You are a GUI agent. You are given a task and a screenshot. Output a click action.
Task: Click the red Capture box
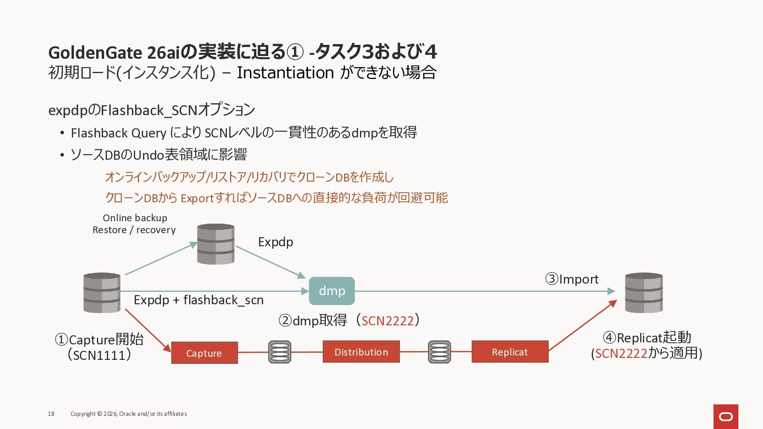[204, 353]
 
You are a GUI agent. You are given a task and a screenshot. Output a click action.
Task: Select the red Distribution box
[361, 352]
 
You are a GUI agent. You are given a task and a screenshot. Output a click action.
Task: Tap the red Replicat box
[510, 352]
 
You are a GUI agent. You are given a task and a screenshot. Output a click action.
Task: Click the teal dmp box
[332, 291]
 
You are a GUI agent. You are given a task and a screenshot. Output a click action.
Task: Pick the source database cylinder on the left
[102, 293]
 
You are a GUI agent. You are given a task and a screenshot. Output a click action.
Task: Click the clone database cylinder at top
[216, 244]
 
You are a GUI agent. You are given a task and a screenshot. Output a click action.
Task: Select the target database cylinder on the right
[644, 293]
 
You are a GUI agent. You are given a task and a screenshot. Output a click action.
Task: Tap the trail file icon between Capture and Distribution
[280, 352]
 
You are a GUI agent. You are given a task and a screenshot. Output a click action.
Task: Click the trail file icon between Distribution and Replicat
[439, 352]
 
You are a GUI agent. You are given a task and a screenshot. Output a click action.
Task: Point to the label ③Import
[571, 279]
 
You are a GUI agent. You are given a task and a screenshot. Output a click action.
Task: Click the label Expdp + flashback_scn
[199, 300]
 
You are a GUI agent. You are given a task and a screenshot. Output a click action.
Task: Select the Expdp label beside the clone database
[275, 242]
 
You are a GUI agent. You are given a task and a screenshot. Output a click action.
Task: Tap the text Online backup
[135, 218]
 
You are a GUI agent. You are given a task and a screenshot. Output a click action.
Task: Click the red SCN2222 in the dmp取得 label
[387, 321]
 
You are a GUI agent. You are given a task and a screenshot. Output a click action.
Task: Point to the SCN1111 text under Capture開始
[99, 355]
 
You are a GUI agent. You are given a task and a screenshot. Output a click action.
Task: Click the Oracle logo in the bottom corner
[726, 417]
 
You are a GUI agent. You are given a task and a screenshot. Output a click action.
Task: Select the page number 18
[51, 414]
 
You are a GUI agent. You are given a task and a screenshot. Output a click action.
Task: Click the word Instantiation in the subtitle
[285, 73]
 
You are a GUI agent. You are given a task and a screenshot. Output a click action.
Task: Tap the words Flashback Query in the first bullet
[118, 133]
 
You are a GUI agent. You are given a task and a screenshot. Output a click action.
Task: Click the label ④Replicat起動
[647, 338]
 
